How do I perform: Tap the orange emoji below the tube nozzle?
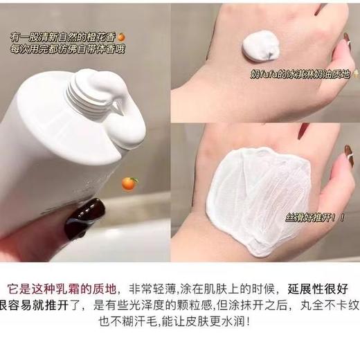point(129,183)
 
